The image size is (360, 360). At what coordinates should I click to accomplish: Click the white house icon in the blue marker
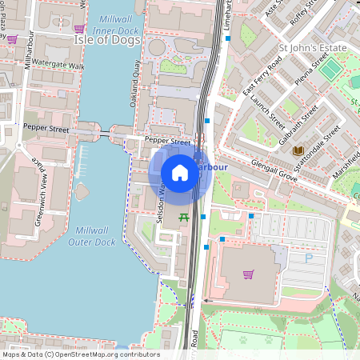pos(180,173)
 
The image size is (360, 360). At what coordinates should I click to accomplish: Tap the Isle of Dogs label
pos(102,38)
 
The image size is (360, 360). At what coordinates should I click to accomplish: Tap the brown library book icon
pos(298,150)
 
